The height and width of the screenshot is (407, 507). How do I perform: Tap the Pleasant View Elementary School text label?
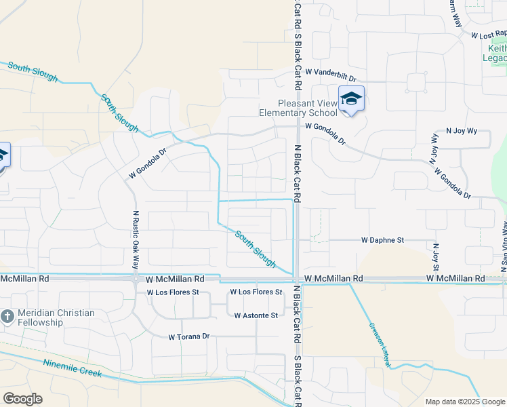(x=298, y=109)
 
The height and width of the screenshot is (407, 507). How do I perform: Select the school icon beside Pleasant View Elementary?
(x=351, y=100)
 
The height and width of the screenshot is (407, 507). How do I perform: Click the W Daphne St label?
(x=382, y=240)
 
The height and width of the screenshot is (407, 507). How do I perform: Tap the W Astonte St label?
(x=256, y=315)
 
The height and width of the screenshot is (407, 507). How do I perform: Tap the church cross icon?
(x=7, y=317)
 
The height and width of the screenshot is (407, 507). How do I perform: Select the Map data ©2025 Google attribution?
(x=465, y=402)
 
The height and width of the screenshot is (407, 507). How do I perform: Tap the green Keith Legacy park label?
(x=497, y=54)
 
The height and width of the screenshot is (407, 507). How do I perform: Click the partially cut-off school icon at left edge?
(x=3, y=155)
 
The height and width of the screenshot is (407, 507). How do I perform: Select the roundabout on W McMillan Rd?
(x=136, y=278)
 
